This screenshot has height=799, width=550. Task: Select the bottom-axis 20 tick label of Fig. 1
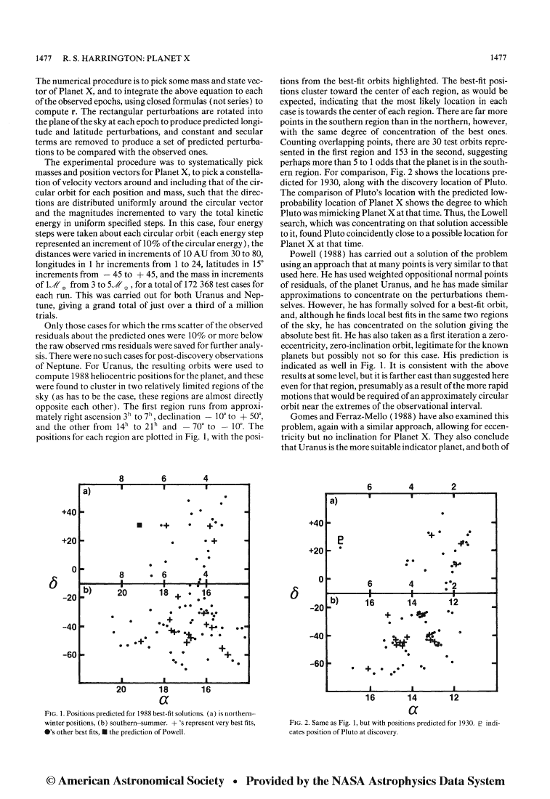point(121,688)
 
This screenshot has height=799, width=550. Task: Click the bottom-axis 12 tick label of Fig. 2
point(453,697)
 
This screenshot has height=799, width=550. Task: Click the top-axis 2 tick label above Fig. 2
point(453,486)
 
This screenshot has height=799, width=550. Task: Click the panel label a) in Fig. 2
point(335,502)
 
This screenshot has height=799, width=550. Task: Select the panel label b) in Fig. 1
point(85,592)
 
